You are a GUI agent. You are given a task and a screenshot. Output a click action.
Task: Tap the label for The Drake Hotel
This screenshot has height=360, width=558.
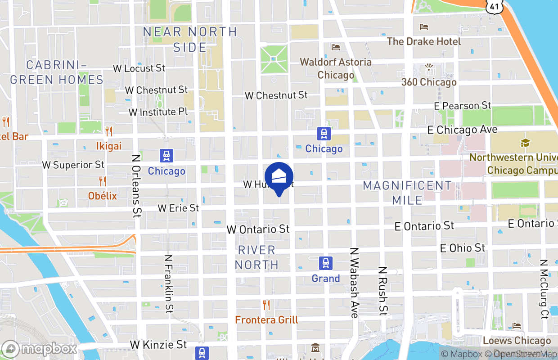424,41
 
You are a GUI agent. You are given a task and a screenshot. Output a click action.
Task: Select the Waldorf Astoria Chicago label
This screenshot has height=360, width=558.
336,68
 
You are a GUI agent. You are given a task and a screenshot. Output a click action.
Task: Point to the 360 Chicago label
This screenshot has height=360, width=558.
429,82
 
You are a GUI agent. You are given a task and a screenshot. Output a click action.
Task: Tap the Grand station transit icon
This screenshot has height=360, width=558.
325,263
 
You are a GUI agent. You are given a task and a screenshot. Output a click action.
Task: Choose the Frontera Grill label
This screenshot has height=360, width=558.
266,320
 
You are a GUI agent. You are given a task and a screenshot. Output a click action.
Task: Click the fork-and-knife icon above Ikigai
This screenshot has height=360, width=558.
108,131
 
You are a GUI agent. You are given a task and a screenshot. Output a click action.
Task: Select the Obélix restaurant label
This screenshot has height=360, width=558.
103,196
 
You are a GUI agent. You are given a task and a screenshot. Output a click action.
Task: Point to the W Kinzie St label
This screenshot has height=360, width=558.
158,345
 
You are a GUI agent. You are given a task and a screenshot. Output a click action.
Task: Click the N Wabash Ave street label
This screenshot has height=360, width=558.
355,283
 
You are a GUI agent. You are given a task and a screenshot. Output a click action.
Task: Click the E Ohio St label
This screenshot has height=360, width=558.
463,248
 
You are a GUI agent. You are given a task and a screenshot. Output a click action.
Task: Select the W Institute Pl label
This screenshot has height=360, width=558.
158,112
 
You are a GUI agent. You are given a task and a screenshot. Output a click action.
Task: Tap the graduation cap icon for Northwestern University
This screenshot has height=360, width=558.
525,143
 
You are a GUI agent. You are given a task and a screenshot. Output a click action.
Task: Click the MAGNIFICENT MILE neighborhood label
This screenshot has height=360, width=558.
407,192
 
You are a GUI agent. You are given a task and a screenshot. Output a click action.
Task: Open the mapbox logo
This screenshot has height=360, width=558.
40,349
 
